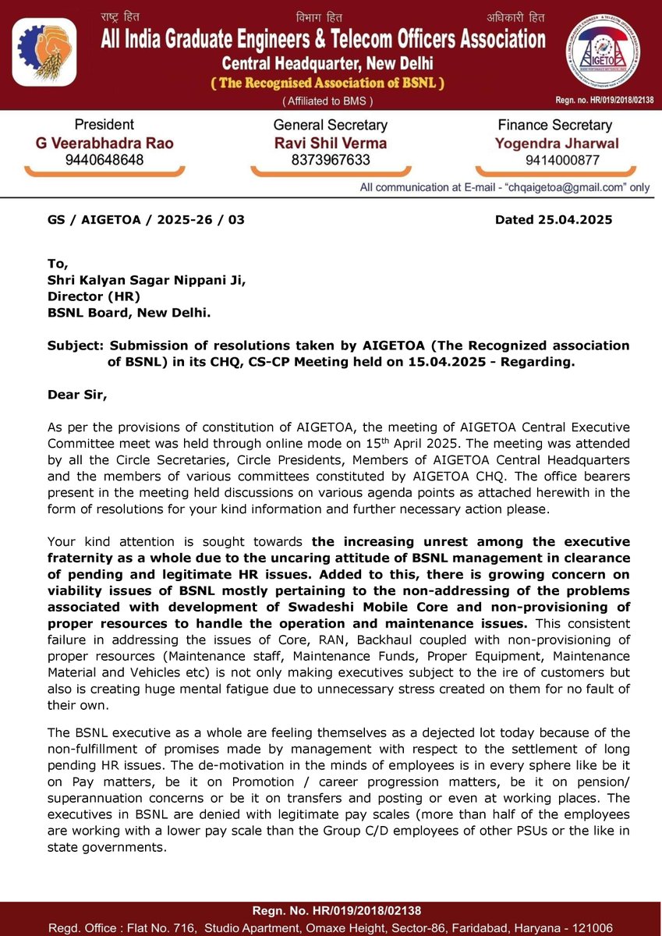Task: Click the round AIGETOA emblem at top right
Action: pyautogui.click(x=602, y=53)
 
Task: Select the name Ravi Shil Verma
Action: pyautogui.click(x=331, y=144)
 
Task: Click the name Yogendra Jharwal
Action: pyautogui.click(x=554, y=144)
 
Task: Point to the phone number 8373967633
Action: pyautogui.click(x=331, y=161)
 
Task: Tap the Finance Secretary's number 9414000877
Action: pyautogui.click(x=554, y=161)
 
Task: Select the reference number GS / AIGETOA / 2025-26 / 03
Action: pyautogui.click(x=146, y=220)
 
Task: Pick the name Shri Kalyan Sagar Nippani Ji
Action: pyautogui.click(x=147, y=282)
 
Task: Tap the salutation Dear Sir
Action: pyautogui.click(x=76, y=395)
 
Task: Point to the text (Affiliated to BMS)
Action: pyautogui.click(x=327, y=101)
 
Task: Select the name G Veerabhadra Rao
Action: pyautogui.click(x=113, y=144)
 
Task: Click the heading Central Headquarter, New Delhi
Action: pyautogui.click(x=327, y=62)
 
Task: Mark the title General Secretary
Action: pyautogui.click(x=331, y=125)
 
